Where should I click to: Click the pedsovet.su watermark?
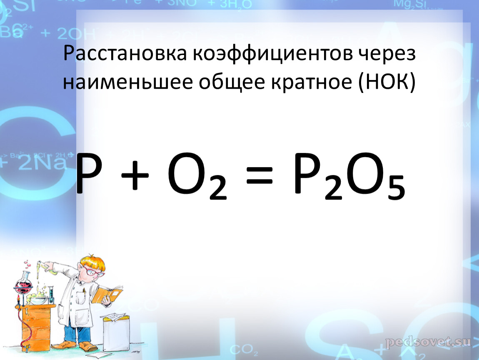pyautogui.click(x=428, y=342)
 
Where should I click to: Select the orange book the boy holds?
pyautogui.click(x=107, y=295)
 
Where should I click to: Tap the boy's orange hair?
pyautogui.click(x=92, y=261)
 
